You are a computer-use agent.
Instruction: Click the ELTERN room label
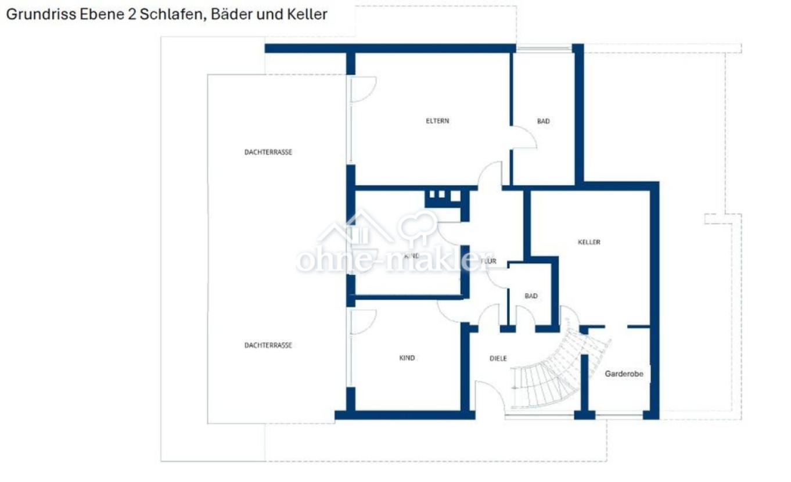coord(437,121)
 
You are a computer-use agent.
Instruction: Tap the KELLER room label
coord(589,242)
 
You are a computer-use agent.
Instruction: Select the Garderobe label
coord(624,374)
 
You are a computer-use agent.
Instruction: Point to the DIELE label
coord(498,358)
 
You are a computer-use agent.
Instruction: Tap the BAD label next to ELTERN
coord(543,121)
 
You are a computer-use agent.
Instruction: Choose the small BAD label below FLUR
coord(531,296)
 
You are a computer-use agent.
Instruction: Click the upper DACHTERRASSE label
coord(268,152)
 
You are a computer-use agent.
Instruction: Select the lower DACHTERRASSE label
coord(268,345)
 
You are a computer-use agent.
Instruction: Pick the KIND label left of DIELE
coord(407,358)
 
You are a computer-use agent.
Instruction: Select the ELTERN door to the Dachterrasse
coord(362,89)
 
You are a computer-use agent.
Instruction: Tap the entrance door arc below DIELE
coord(488,398)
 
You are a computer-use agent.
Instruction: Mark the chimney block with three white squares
coord(444,196)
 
